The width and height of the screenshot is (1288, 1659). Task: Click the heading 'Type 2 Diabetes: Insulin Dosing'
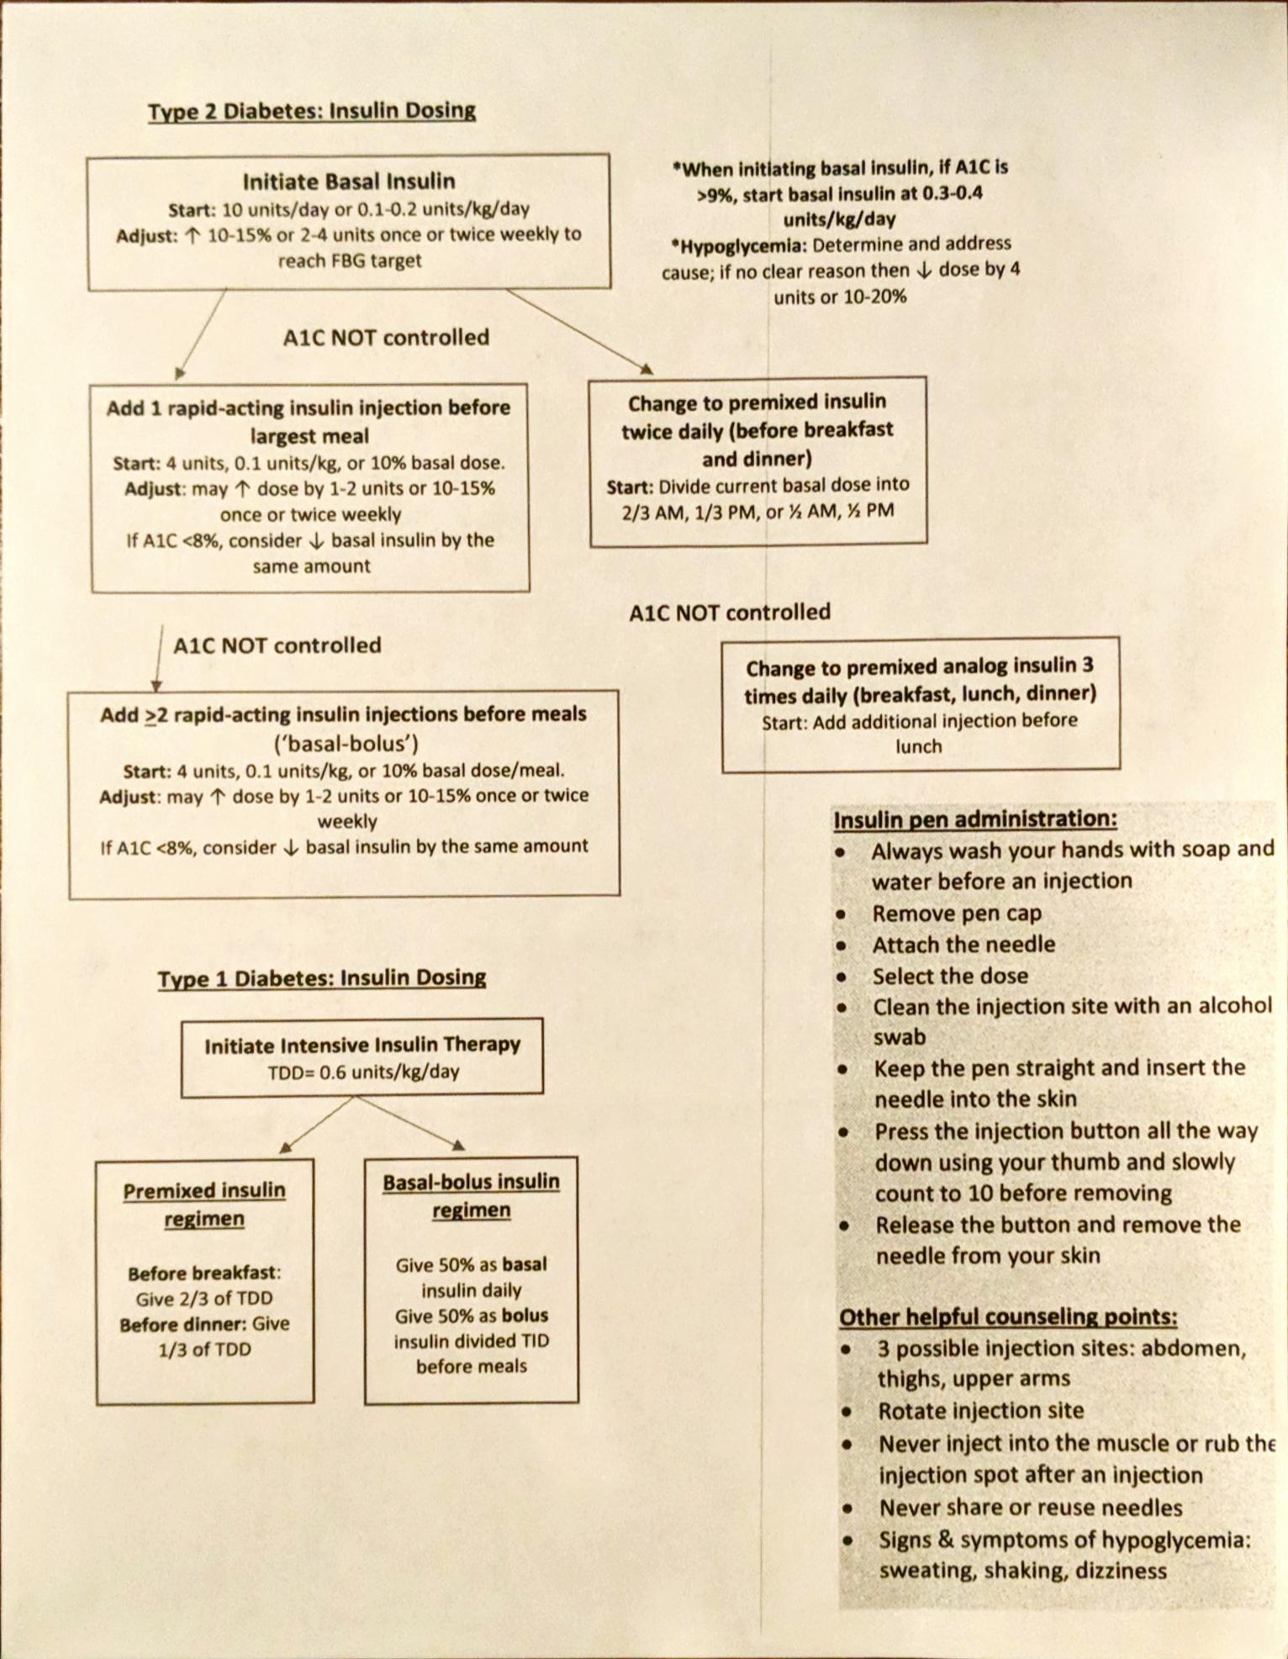[x=311, y=111]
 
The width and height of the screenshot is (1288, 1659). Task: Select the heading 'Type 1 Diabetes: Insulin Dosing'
[x=321, y=978]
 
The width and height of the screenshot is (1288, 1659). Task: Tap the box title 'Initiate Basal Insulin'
[x=349, y=182]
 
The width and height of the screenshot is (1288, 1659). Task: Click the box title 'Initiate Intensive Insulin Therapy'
[x=362, y=1045]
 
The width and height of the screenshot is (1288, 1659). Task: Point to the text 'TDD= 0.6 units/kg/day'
[x=363, y=1072]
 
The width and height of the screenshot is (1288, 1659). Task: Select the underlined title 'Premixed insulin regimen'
[x=204, y=1204]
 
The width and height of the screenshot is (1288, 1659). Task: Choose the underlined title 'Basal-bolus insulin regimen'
[x=471, y=1195]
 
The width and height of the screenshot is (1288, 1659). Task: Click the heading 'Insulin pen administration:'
[x=975, y=819]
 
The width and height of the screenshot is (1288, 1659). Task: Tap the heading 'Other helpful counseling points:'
[x=1008, y=1317]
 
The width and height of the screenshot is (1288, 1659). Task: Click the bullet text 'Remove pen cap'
[x=957, y=914]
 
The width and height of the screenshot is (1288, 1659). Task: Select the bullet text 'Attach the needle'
[x=963, y=945]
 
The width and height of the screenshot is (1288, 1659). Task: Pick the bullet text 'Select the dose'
[x=950, y=976]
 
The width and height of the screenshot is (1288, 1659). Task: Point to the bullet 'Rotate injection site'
[x=980, y=1411]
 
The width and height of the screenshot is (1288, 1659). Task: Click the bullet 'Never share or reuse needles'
[x=1031, y=1508]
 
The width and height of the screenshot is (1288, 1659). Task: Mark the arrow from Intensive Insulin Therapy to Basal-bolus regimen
[x=410, y=1123]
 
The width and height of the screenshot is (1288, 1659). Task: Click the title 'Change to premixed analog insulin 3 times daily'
[x=920, y=680]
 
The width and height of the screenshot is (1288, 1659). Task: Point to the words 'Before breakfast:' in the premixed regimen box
[x=204, y=1273]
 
